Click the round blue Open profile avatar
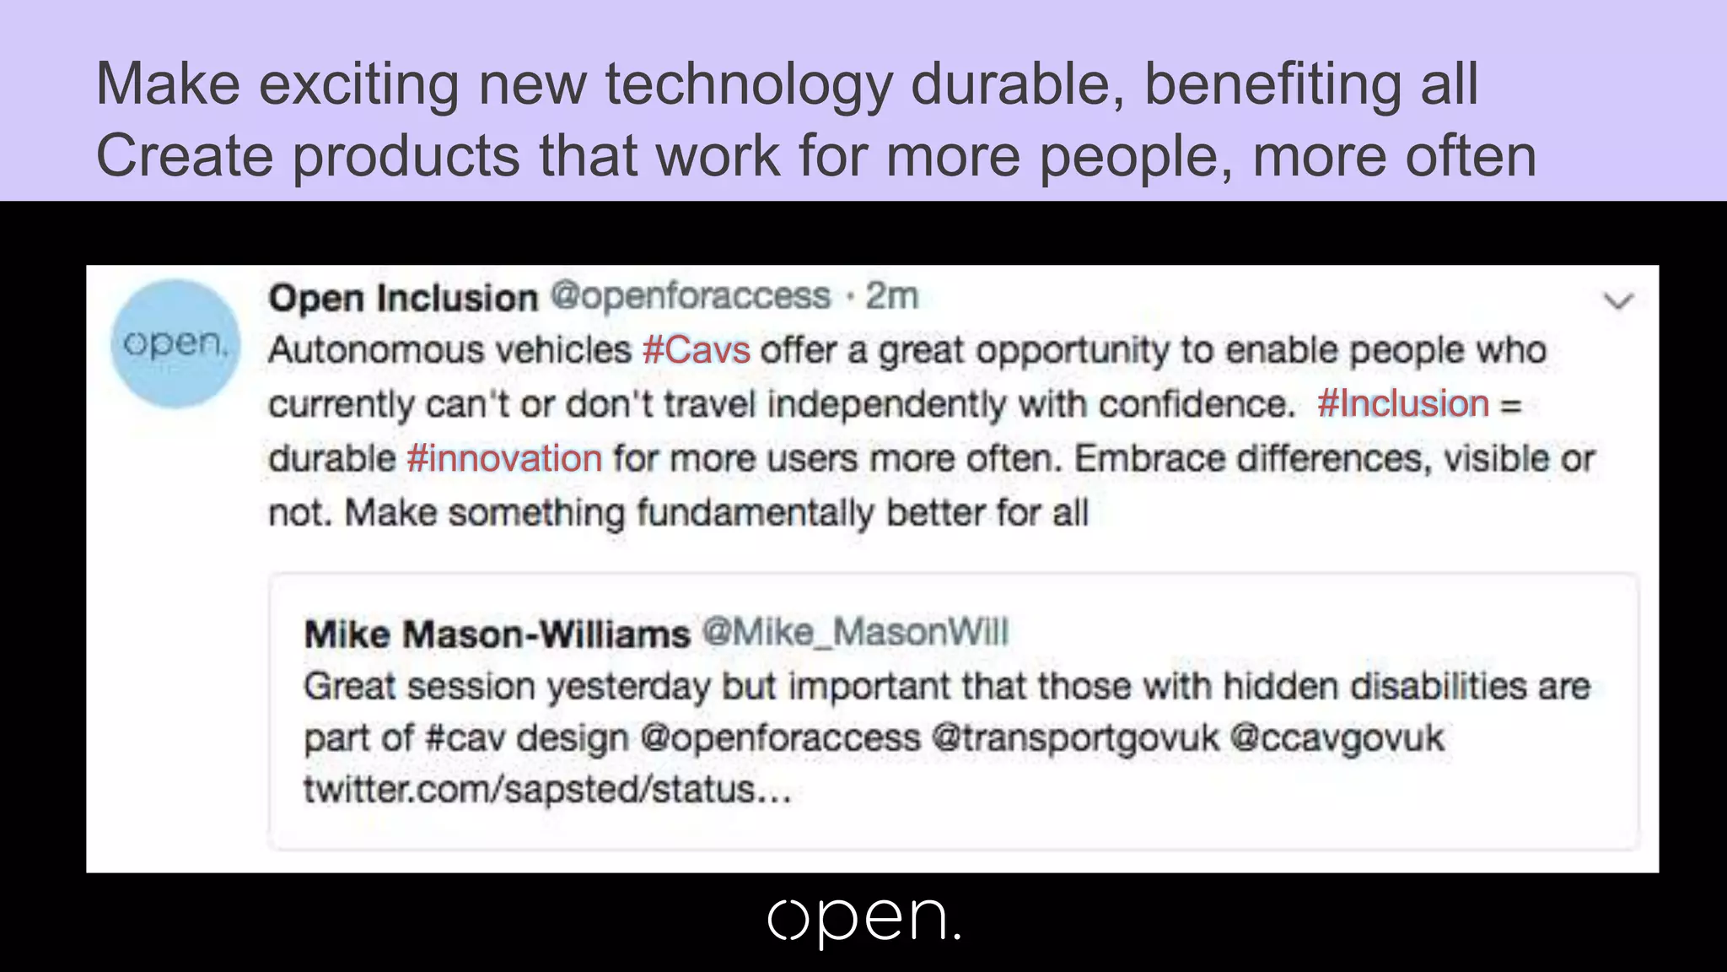(x=175, y=344)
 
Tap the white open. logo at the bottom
(x=863, y=921)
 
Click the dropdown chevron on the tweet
(x=1618, y=301)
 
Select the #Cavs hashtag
(x=696, y=350)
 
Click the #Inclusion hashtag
(x=1402, y=404)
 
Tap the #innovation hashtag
(x=504, y=459)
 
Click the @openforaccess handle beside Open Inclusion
(x=691, y=296)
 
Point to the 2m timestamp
(x=891, y=296)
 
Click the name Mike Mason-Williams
(x=497, y=634)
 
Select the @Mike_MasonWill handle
(x=855, y=632)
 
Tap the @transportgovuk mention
(x=1075, y=738)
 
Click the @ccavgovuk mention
(x=1337, y=738)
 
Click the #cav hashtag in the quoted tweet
(x=465, y=738)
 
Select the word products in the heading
(x=406, y=157)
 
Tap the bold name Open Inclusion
(x=403, y=298)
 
